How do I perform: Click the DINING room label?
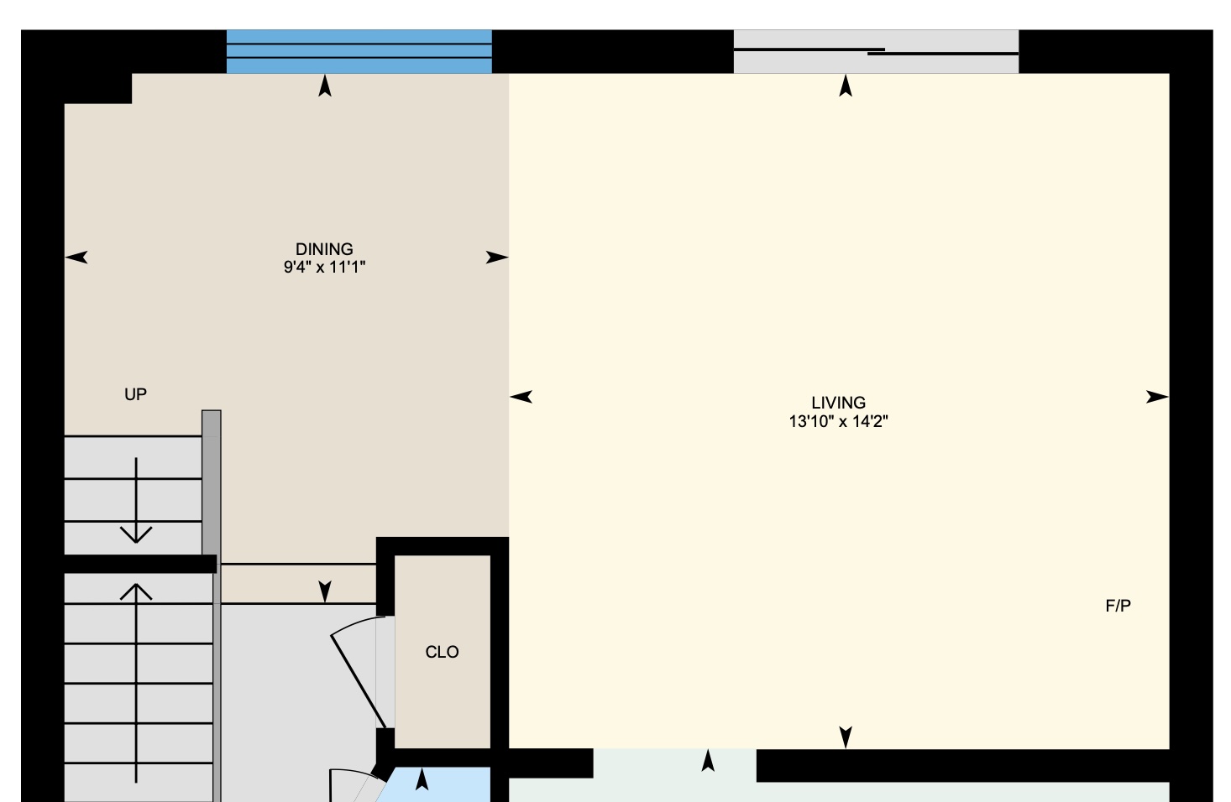(324, 249)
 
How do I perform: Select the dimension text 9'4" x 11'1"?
(324, 268)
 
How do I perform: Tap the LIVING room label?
(839, 403)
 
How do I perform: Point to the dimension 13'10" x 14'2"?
(839, 422)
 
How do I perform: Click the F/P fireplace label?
(1118, 606)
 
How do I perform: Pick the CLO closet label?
(442, 652)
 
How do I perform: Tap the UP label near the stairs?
(135, 394)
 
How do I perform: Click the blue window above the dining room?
(359, 52)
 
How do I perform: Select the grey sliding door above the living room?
(876, 52)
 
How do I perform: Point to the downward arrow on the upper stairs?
(136, 500)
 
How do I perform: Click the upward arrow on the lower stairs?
(136, 683)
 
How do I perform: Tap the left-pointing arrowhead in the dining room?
(76, 257)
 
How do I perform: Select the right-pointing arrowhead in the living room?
(1157, 396)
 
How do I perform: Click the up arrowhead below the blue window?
(325, 86)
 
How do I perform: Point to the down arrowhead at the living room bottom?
(846, 737)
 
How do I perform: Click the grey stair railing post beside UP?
(212, 483)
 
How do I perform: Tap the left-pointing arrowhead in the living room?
(521, 396)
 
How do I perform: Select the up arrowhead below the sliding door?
(846, 86)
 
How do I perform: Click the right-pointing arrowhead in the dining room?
(497, 257)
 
